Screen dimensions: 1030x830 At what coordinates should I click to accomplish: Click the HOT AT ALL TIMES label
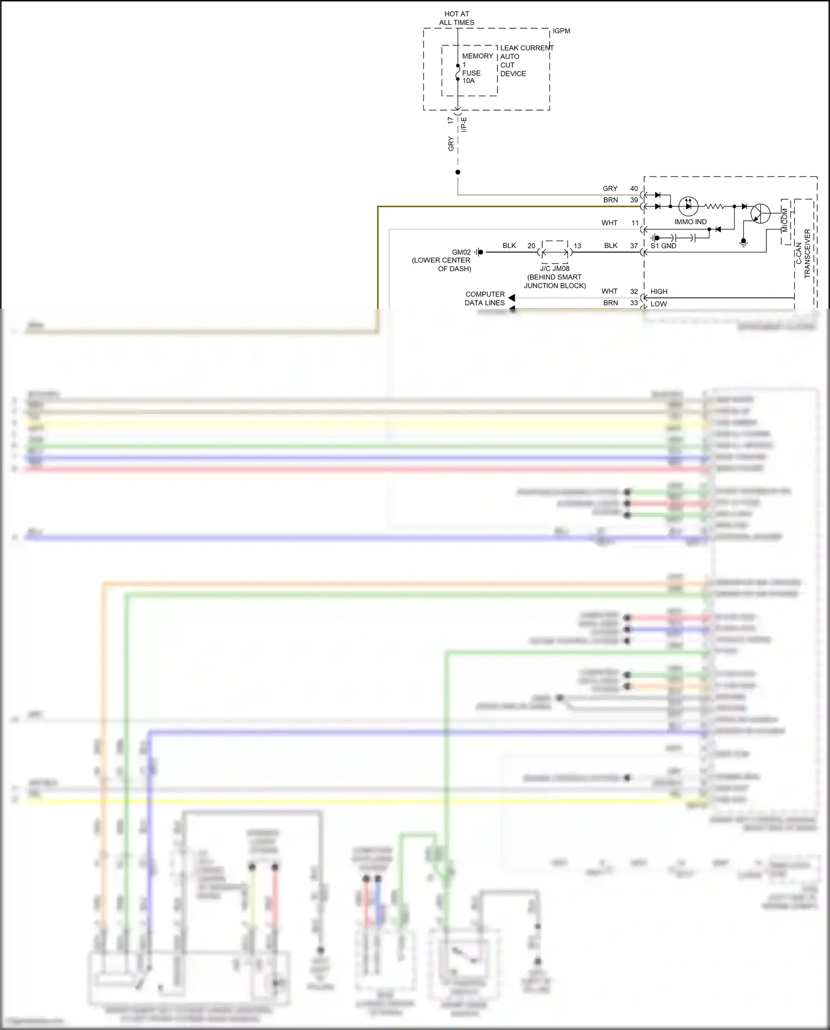coord(456,18)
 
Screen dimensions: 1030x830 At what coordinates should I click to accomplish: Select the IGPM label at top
coord(561,31)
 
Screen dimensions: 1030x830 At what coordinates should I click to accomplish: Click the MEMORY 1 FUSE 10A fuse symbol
coord(458,73)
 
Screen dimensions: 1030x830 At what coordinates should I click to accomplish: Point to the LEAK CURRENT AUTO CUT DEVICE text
coord(526,61)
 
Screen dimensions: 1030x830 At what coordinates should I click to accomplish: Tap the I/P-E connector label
coord(464,125)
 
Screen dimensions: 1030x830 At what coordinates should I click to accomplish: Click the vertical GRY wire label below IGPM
coord(451,144)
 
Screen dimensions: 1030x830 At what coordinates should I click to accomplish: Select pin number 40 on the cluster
coord(634,189)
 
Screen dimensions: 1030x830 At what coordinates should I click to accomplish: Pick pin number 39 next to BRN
coord(634,200)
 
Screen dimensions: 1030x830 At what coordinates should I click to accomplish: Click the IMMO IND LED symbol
coord(688,206)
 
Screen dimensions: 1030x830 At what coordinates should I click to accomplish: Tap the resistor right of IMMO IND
coord(714,206)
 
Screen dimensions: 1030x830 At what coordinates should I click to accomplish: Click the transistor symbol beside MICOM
coord(760,213)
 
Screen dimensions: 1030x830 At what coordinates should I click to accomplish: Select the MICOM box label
coord(785,220)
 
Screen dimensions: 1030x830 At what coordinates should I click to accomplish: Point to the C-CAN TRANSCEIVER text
coord(803,253)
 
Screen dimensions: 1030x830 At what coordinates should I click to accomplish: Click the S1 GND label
coord(663,246)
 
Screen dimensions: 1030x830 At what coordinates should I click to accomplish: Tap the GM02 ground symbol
coord(479,252)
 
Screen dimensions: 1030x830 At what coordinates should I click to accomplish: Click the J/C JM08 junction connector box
coord(554,252)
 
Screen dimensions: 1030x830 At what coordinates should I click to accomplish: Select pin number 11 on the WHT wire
coord(635,223)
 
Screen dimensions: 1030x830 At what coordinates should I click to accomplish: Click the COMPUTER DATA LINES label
coord(485,298)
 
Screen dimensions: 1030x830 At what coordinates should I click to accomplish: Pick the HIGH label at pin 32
coord(658,292)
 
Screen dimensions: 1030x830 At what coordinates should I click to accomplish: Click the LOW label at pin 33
coord(658,304)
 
